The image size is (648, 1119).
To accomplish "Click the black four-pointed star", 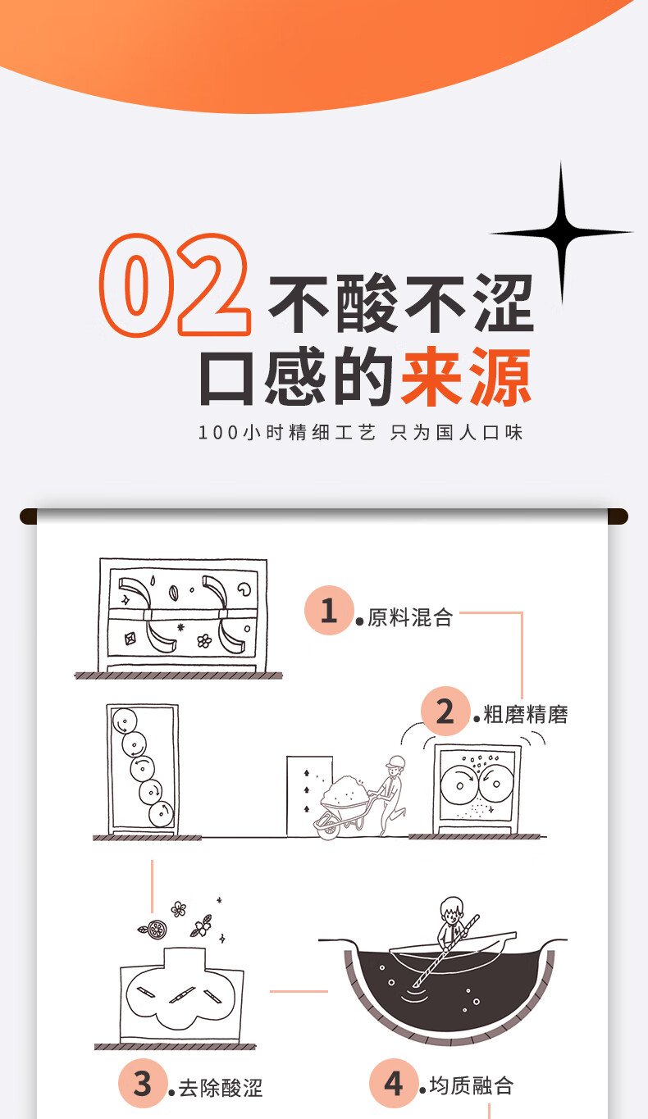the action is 561,233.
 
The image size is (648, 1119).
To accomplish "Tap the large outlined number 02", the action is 174,284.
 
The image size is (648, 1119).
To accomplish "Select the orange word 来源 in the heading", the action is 466,375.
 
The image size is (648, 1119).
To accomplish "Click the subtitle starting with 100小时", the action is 360,432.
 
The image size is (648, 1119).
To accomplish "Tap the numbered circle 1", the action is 328,610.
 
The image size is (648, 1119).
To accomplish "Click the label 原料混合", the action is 410,617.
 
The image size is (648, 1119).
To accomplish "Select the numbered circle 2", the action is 445,712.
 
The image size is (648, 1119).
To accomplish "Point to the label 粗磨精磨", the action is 526,714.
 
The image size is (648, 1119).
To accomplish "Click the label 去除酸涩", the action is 221,1088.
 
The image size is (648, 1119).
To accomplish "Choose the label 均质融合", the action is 472,1085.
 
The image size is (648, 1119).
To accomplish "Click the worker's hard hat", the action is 396,762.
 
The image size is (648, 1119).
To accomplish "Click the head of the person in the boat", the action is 452,910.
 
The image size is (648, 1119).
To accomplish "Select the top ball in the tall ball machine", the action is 124,721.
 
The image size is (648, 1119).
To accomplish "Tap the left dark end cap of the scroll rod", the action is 29,516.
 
